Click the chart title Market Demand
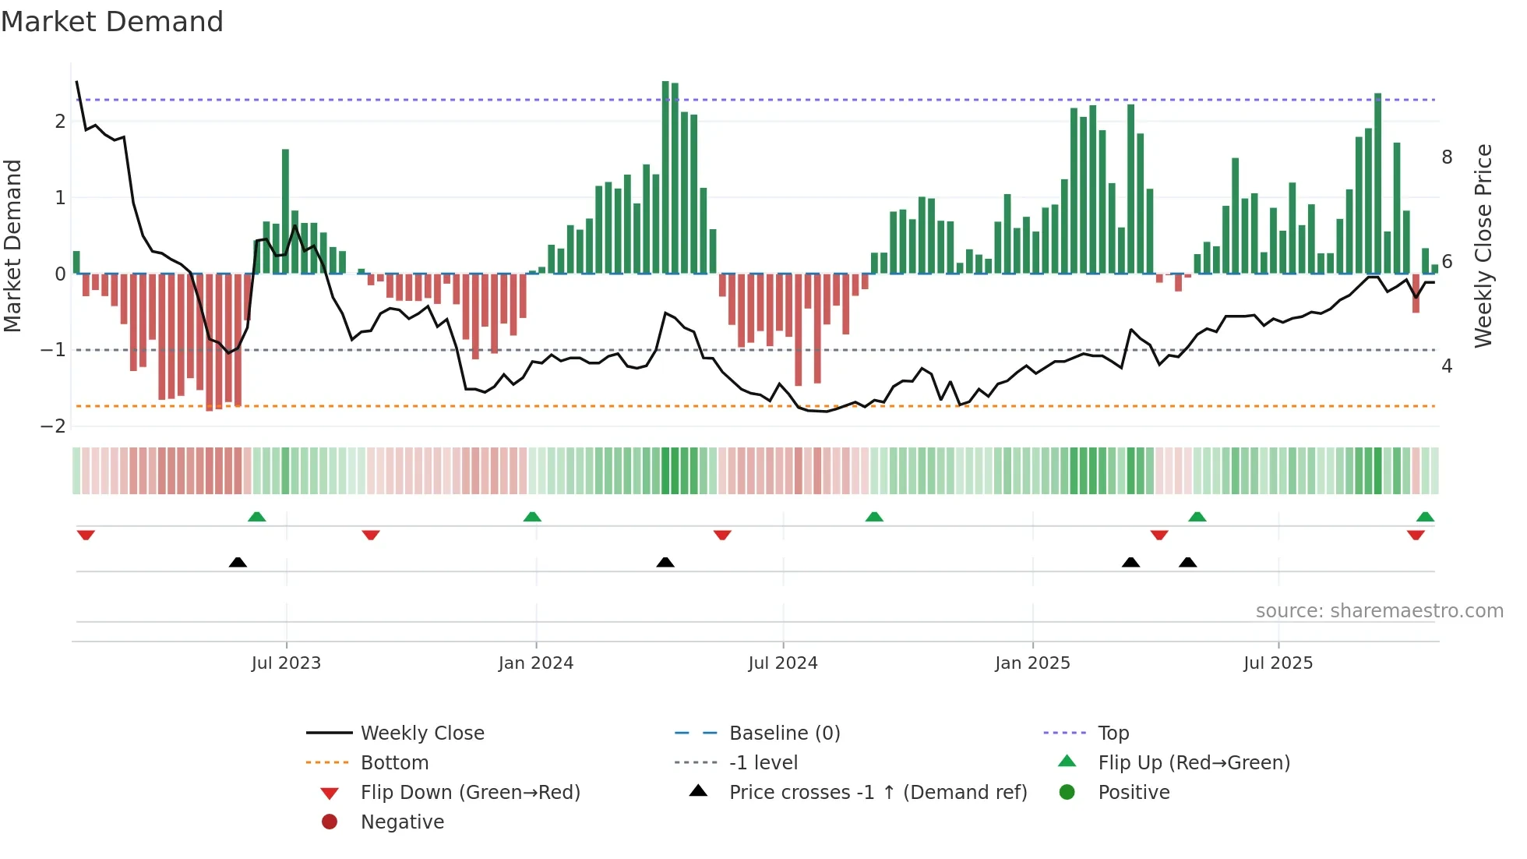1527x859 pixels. click(x=112, y=22)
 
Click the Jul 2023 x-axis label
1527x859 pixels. click(x=286, y=663)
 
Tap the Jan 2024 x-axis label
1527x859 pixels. click(x=536, y=663)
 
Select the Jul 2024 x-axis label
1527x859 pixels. click(x=783, y=663)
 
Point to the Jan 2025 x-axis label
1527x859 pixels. click(x=1032, y=663)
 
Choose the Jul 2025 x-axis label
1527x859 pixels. click(x=1278, y=663)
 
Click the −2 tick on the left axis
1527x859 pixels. click(x=54, y=426)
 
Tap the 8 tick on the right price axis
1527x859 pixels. click(x=1447, y=157)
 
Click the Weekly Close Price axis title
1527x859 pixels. click(x=1483, y=246)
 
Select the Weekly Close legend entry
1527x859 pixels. click(x=421, y=734)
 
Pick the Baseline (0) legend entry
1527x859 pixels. click(x=784, y=734)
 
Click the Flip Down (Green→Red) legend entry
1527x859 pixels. click(x=470, y=793)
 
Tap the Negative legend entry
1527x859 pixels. click(x=402, y=822)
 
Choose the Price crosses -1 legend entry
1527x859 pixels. click(x=877, y=793)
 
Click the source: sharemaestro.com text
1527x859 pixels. click(x=1379, y=611)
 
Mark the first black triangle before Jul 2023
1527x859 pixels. click(x=238, y=562)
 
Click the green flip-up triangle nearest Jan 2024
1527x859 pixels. click(x=532, y=517)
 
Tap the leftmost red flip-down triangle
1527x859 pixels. click(x=86, y=535)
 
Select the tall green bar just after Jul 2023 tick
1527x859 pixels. click(x=285, y=210)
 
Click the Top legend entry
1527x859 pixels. click(x=1113, y=734)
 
